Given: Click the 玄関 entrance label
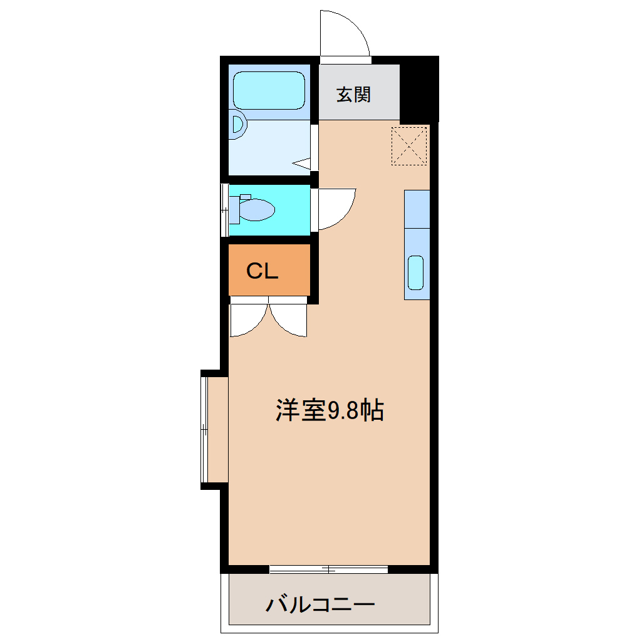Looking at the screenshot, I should point(354,95).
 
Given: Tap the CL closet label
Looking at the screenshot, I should point(262,271).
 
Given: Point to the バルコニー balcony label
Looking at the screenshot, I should point(320,605).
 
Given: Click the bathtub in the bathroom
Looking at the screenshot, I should point(269,90).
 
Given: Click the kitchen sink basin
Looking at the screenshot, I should point(416,273).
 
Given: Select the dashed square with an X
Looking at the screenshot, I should point(409,146).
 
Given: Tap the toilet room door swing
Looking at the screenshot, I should point(335,207).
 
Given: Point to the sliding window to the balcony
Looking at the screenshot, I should point(328,569).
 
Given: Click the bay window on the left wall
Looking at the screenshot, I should point(205,429).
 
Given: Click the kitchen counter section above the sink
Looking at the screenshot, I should point(417,209).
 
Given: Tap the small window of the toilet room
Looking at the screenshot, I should point(225,210).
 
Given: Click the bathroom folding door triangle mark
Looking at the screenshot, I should point(303,164).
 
